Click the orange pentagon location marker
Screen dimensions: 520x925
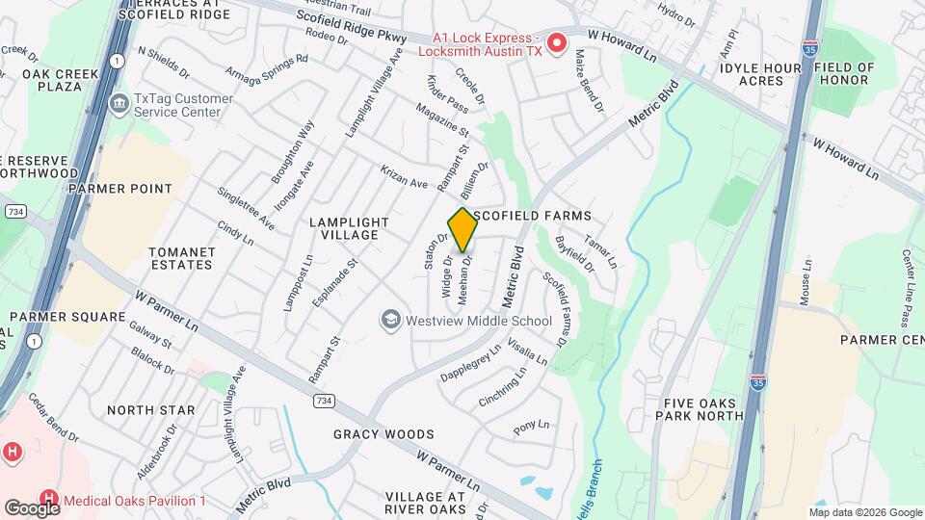point(463,230)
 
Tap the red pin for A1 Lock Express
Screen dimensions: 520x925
point(557,42)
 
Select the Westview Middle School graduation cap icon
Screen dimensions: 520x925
point(390,319)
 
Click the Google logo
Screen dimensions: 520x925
point(32,507)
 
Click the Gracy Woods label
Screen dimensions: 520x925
point(383,434)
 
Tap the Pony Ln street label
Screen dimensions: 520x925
point(531,425)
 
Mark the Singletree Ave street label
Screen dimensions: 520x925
point(246,208)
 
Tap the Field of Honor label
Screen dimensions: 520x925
point(844,74)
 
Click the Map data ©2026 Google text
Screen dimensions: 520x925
point(865,512)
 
